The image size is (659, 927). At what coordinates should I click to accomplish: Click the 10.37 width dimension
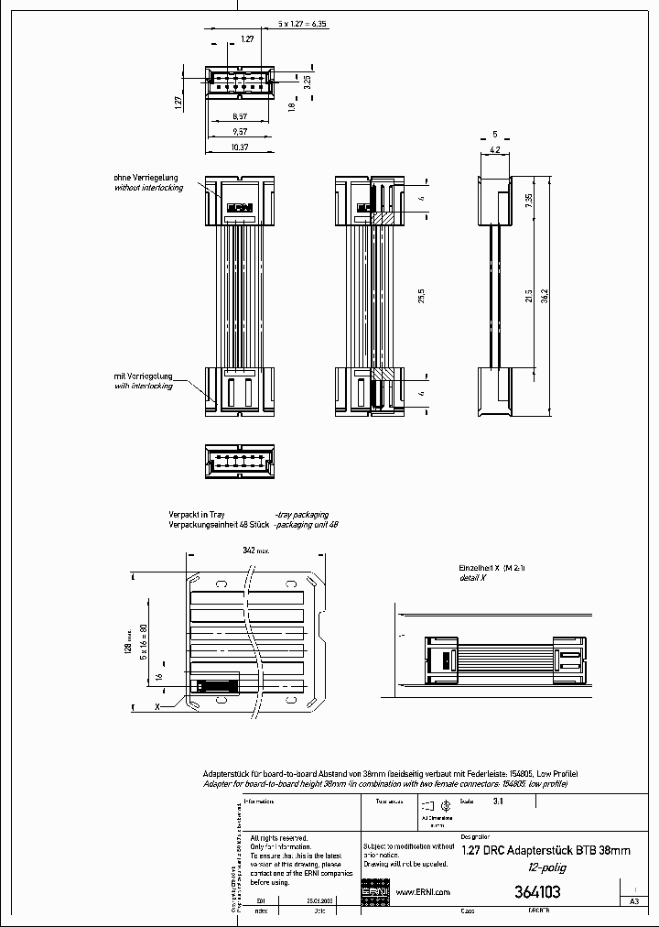click(x=240, y=147)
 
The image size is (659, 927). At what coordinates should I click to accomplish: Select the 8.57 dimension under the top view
click(x=240, y=116)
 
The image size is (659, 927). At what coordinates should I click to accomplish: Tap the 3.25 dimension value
click(x=307, y=81)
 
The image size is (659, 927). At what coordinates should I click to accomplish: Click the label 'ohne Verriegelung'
click(x=146, y=177)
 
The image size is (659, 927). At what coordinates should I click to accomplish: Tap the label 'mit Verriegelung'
click(x=146, y=376)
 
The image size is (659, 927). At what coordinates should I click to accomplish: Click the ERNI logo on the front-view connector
click(x=239, y=207)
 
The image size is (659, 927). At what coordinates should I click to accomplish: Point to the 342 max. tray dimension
click(x=255, y=551)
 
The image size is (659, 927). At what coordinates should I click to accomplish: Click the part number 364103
click(x=537, y=891)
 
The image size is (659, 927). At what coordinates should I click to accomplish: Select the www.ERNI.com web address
click(x=422, y=892)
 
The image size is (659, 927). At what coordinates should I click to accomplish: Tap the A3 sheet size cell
click(x=632, y=901)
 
